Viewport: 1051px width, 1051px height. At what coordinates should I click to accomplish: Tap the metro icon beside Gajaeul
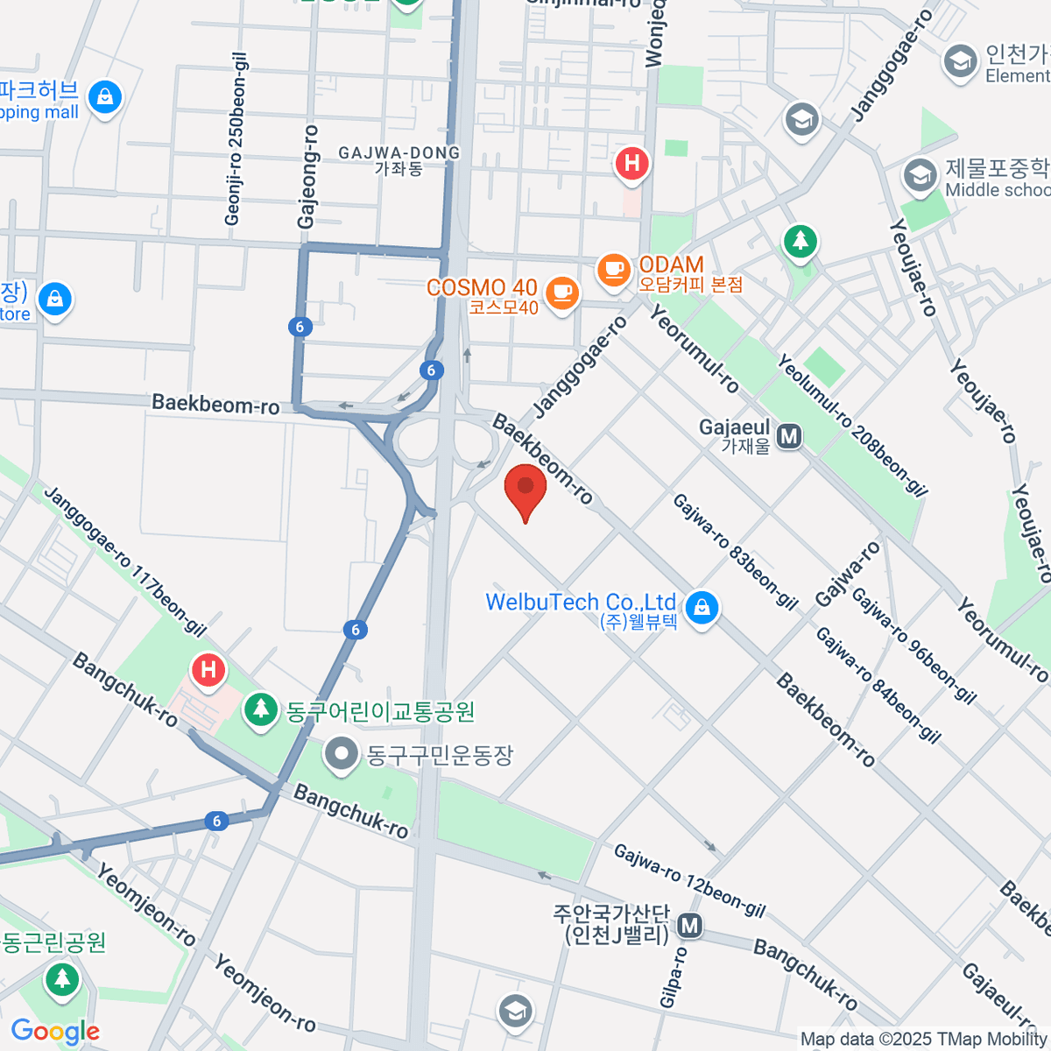click(x=790, y=435)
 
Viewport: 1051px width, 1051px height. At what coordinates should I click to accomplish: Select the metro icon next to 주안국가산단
click(x=690, y=925)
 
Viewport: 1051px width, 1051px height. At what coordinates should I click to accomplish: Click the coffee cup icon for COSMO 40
click(x=561, y=292)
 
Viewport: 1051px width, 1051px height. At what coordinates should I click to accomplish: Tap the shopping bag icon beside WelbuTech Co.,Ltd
click(x=702, y=607)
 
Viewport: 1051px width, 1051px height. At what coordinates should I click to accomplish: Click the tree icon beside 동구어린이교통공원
click(x=260, y=709)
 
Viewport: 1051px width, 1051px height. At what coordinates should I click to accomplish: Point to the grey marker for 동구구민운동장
click(x=341, y=753)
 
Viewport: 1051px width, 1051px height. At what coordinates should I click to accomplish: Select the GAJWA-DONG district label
click(x=399, y=160)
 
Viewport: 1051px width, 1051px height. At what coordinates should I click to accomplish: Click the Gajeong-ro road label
click(x=307, y=177)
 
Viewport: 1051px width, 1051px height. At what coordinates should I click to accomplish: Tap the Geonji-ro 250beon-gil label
click(x=236, y=138)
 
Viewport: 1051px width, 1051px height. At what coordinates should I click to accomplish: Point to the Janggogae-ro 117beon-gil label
click(x=124, y=561)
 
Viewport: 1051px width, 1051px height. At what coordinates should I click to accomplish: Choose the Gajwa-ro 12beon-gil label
click(x=688, y=880)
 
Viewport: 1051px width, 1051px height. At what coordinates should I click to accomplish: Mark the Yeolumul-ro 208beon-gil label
click(x=851, y=424)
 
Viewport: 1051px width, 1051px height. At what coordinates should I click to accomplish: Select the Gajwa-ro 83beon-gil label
click(x=735, y=551)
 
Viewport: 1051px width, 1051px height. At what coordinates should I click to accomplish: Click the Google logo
click(x=55, y=1032)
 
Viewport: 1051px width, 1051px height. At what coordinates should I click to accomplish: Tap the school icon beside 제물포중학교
click(x=920, y=176)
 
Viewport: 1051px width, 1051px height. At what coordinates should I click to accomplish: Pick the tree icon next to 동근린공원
click(x=61, y=978)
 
